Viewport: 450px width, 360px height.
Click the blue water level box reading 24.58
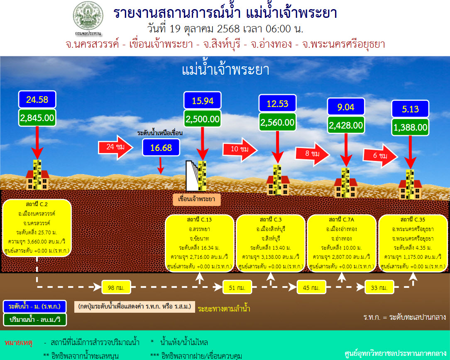pos(37,100)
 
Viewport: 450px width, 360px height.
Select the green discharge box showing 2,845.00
pos(37,118)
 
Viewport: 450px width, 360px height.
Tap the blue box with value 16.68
pos(161,147)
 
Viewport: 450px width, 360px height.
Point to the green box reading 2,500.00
pos(203,119)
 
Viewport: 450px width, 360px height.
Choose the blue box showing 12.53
pos(277,103)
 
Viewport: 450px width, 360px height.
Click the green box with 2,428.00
pos(346,125)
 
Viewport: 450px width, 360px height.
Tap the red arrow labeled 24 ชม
pos(115,147)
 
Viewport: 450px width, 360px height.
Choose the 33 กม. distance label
pos(379,287)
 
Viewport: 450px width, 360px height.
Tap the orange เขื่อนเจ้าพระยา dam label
pos(196,199)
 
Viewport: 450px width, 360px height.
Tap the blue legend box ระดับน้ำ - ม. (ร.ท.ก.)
pos(34,306)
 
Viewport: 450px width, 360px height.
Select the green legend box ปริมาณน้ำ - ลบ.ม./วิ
pos(34,320)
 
